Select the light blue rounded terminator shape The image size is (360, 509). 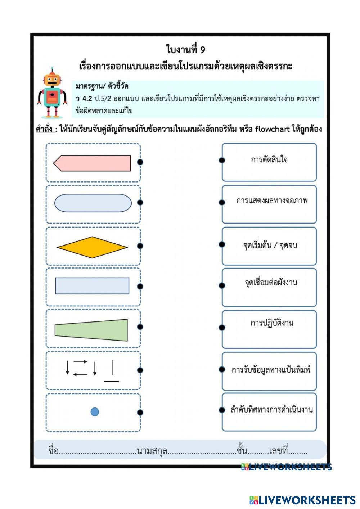(93, 203)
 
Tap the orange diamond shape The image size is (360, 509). (92, 247)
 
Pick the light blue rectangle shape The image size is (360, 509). (92, 286)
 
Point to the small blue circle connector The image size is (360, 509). (95, 412)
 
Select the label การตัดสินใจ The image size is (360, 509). (269, 159)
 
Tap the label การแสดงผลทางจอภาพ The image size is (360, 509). (272, 201)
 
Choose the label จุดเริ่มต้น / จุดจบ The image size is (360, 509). (270, 246)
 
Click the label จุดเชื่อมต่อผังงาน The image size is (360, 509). (271, 282)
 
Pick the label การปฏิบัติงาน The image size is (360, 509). (272, 323)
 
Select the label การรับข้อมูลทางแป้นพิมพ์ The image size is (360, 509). (271, 370)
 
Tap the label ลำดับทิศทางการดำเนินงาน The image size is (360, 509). (271, 410)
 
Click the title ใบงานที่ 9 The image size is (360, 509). (185, 49)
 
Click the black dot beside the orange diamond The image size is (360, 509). (140, 246)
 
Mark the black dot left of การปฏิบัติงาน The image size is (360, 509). (222, 327)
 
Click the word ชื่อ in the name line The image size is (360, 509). (53, 450)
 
